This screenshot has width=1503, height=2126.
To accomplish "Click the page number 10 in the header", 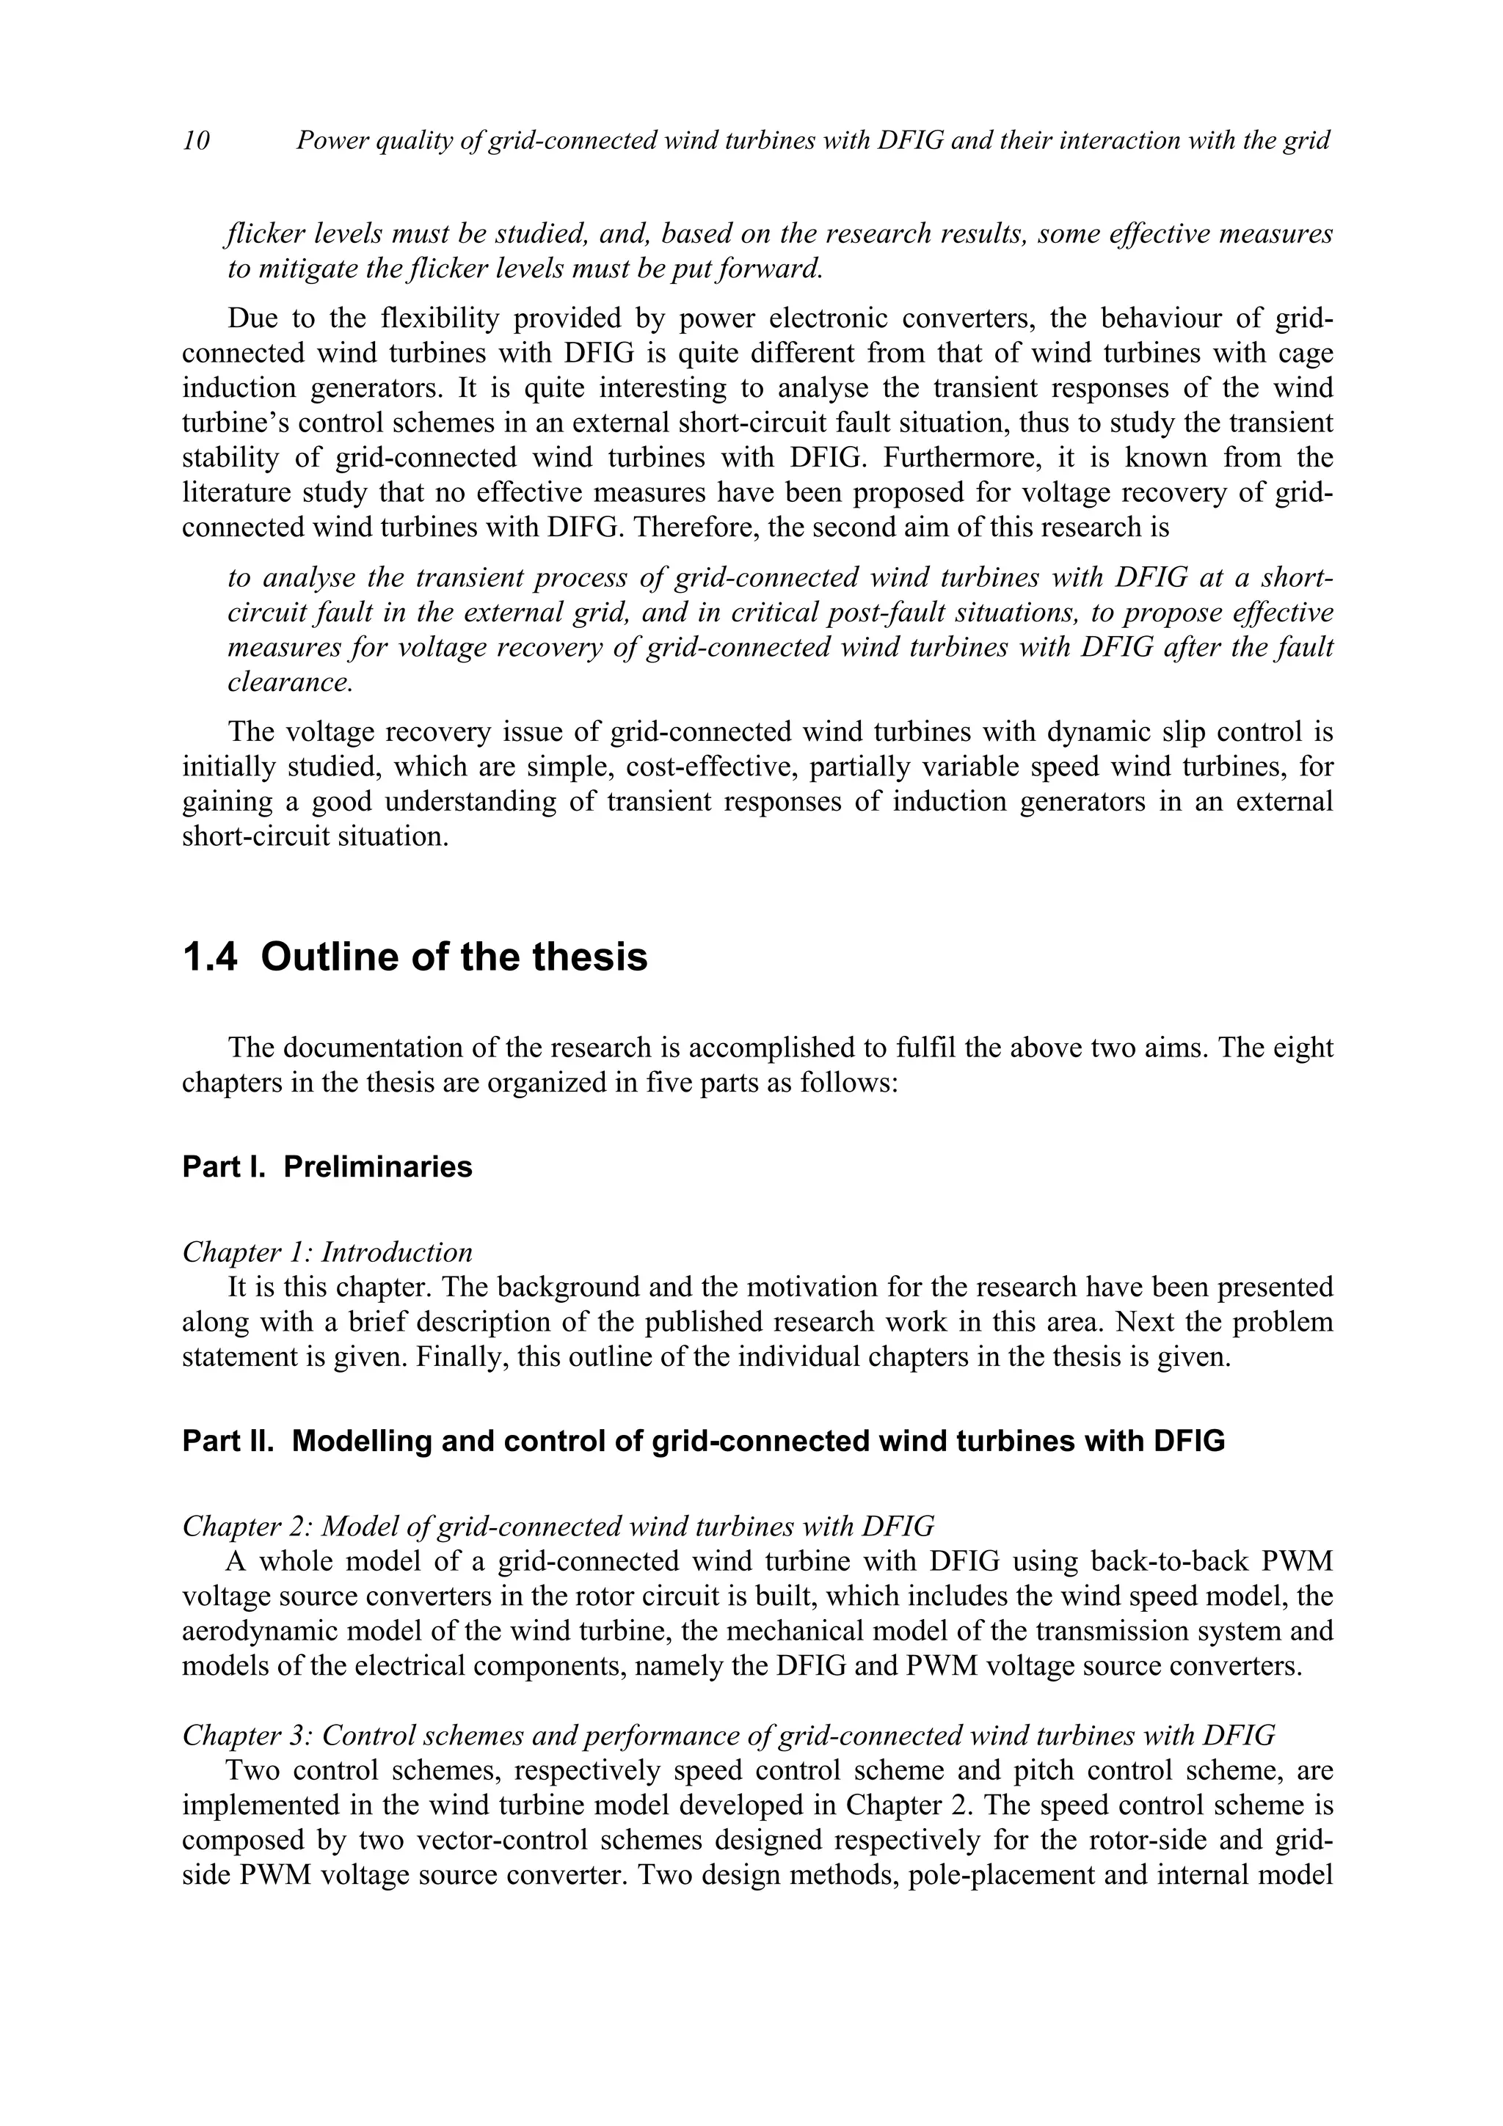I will (x=197, y=140).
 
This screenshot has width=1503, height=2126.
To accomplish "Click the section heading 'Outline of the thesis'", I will (x=454, y=957).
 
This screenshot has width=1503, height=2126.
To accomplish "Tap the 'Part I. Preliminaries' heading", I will (x=327, y=1166).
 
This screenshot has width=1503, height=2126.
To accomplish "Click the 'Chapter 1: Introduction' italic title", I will (x=327, y=1253).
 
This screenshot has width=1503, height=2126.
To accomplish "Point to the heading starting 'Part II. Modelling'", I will (x=703, y=1442).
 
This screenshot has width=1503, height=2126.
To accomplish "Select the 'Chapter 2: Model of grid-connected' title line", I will (x=558, y=1525).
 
